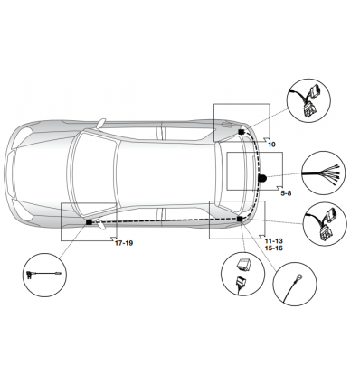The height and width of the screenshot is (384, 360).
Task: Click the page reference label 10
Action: click(x=271, y=145)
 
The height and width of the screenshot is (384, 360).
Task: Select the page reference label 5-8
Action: click(x=286, y=193)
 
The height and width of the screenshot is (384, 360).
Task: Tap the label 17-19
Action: click(x=124, y=243)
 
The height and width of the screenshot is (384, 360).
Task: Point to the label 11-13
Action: click(x=274, y=241)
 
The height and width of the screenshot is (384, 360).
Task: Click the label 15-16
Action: click(x=274, y=248)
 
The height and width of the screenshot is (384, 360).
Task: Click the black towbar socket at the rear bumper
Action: click(x=261, y=178)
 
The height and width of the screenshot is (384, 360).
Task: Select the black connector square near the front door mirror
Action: click(x=89, y=222)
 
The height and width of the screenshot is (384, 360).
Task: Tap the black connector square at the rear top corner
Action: click(x=242, y=132)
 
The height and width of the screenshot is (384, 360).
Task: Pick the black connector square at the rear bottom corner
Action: click(x=240, y=219)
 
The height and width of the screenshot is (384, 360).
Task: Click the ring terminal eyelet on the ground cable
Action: click(x=299, y=277)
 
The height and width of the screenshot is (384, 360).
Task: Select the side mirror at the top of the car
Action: click(x=101, y=123)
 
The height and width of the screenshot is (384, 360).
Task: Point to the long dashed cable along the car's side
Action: click(x=165, y=220)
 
